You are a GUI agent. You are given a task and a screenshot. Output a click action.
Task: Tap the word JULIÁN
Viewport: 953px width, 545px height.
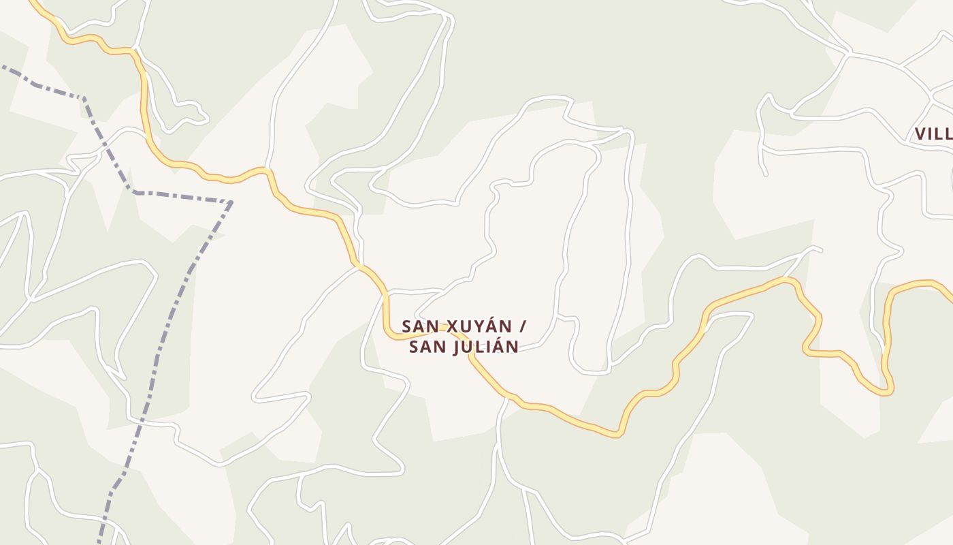tap(481, 347)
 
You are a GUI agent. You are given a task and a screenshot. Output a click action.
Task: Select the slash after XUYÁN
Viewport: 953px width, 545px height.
tap(522, 326)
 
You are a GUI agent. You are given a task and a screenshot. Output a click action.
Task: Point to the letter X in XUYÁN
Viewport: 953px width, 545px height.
tap(451, 326)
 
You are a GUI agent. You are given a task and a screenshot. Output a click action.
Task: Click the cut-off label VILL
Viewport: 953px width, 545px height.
tap(933, 134)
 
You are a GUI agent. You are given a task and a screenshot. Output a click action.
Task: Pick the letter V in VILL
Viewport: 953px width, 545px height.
tap(920, 134)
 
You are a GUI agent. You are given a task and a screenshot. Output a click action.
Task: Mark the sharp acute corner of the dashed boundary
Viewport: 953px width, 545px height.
tap(231, 202)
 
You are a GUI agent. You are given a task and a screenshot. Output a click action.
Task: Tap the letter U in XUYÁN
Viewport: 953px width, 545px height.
tap(464, 326)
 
